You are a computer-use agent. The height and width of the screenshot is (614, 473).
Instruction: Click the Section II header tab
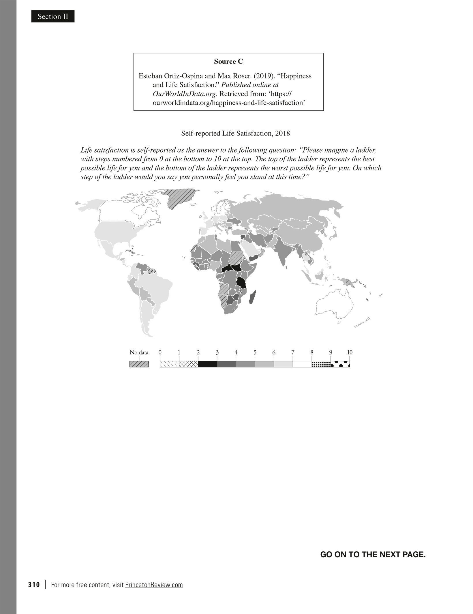(x=53, y=16)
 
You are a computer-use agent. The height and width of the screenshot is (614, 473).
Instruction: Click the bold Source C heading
(x=228, y=61)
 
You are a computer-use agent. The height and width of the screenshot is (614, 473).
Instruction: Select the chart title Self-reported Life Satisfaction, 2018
(x=235, y=133)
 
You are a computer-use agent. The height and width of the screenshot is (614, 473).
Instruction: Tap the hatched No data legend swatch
(x=139, y=364)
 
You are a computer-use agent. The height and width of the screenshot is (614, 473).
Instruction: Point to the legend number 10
(x=350, y=352)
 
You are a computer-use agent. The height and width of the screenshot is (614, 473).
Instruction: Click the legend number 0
(x=160, y=352)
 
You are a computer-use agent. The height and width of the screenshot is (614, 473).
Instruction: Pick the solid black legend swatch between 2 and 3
(x=207, y=364)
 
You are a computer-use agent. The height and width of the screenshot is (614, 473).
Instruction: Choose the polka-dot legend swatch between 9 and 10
(x=340, y=364)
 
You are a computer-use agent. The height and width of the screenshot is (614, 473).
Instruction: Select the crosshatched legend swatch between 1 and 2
(x=188, y=364)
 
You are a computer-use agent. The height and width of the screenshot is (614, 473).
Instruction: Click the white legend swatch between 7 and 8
(x=302, y=364)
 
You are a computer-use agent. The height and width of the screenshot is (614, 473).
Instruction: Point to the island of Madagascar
(x=252, y=297)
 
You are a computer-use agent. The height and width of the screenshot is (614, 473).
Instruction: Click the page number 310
(x=34, y=585)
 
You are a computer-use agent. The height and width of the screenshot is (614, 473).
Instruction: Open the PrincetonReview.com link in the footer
(x=154, y=585)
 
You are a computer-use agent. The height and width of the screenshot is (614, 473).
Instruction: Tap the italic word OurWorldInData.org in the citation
(x=184, y=94)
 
